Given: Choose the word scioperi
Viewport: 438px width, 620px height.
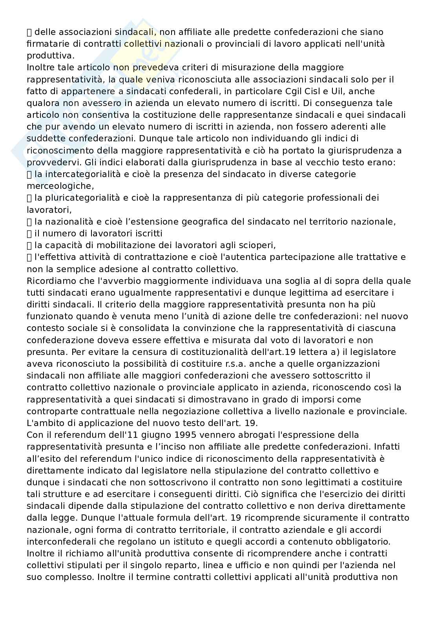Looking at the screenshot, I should pos(258,245).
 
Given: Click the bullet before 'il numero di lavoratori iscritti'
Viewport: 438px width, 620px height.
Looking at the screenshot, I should pos(29,234).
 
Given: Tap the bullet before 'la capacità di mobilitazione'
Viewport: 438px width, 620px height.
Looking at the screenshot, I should pos(29,245).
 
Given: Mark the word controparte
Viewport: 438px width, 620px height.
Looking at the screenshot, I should pos(54,411).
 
